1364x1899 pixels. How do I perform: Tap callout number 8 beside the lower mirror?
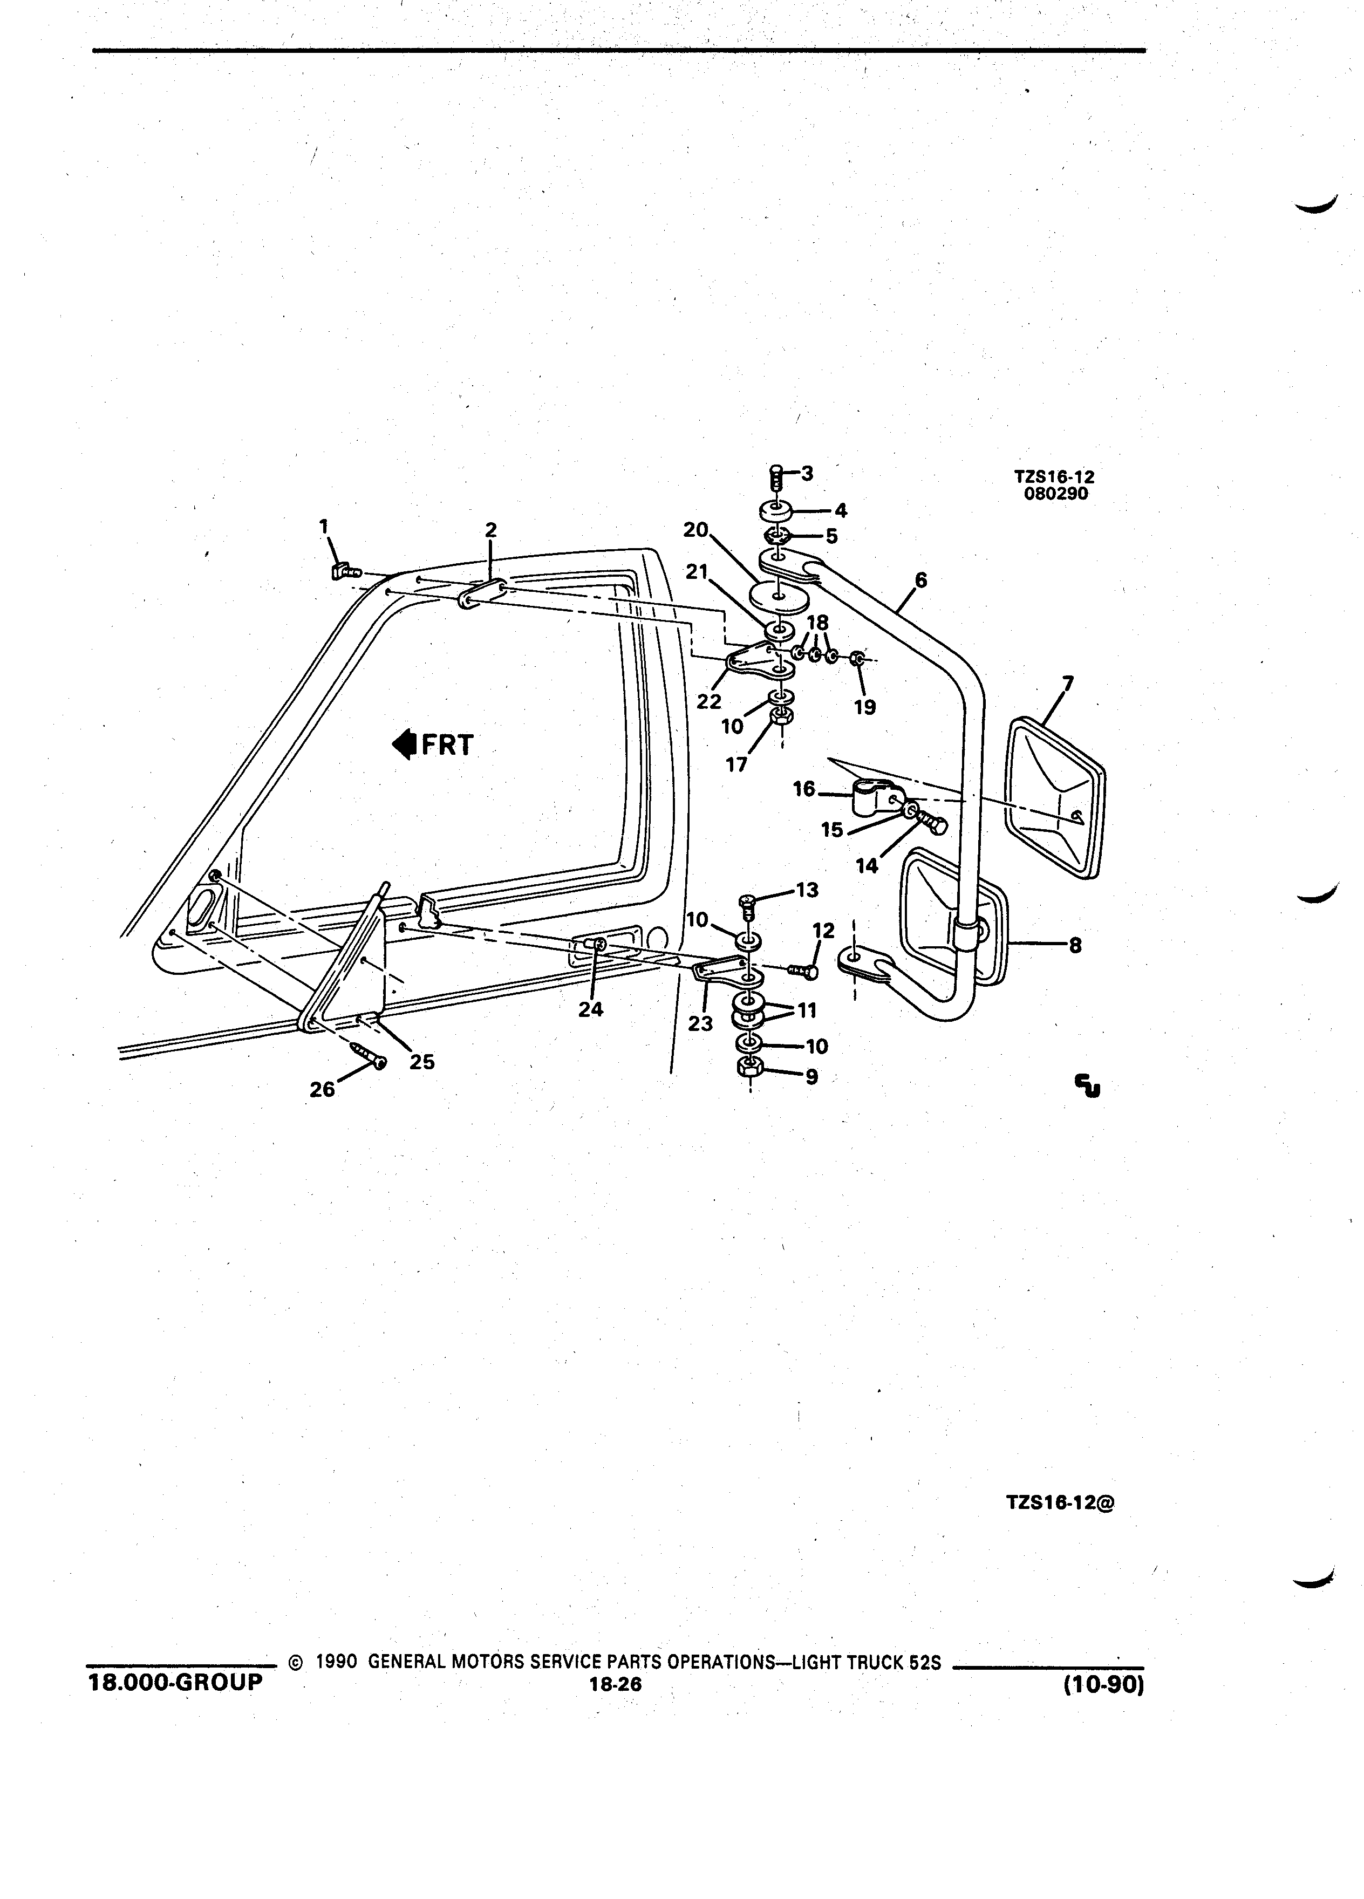[x=1075, y=945]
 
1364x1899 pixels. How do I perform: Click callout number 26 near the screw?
[x=322, y=1089]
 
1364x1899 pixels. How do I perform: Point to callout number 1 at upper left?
[x=324, y=526]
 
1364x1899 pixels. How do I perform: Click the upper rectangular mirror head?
[x=1055, y=797]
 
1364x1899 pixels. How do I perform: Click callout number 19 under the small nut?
[x=865, y=707]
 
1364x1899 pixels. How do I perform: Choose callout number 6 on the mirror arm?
[x=921, y=579]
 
